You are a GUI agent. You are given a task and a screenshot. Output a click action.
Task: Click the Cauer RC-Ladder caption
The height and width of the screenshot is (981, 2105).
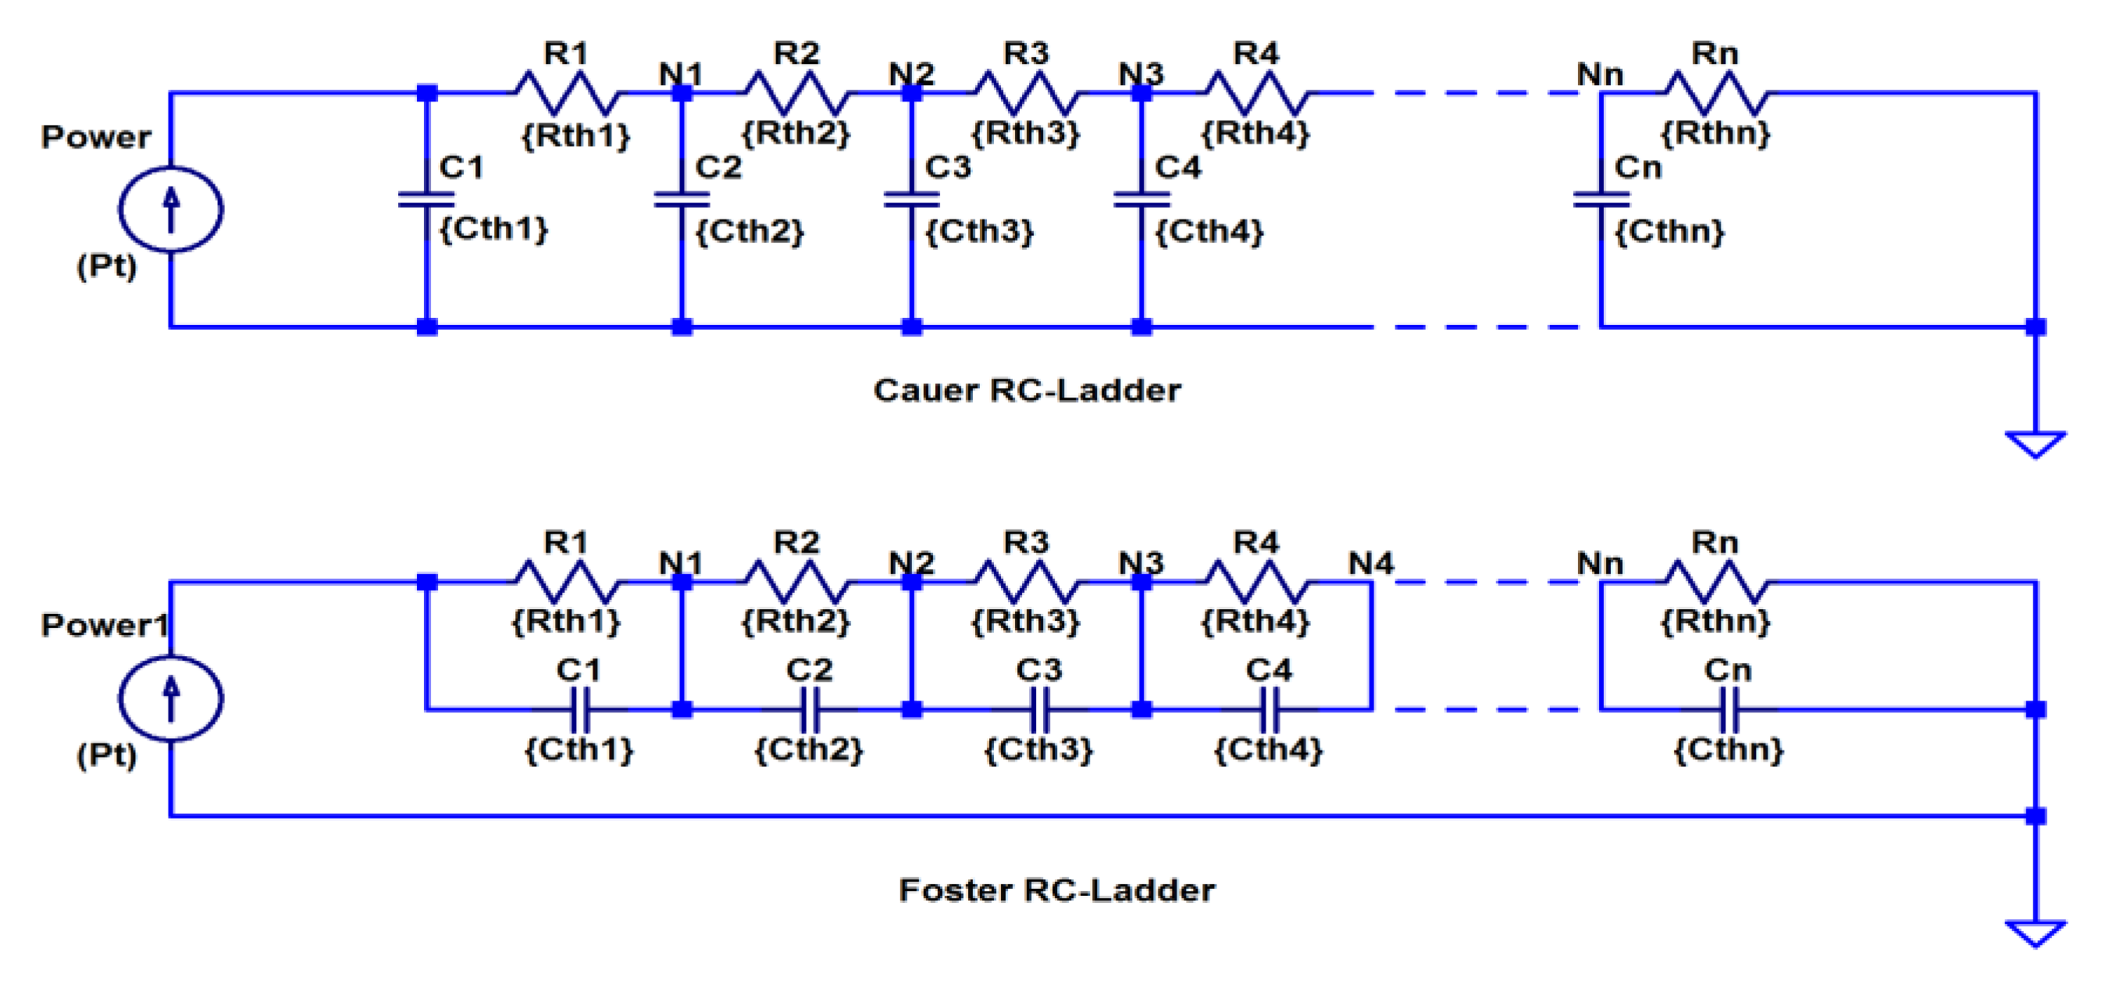click(1027, 390)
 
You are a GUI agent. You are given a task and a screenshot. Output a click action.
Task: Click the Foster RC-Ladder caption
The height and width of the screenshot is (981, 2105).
click(1056, 890)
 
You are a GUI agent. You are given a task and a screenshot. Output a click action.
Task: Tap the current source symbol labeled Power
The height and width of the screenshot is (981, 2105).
click(171, 209)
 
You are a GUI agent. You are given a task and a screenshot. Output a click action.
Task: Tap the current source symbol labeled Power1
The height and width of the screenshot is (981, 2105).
click(171, 698)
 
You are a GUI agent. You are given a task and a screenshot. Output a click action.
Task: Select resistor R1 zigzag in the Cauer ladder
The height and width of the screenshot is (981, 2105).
click(566, 93)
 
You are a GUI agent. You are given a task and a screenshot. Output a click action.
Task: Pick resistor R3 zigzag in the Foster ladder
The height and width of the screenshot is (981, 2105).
click(1027, 582)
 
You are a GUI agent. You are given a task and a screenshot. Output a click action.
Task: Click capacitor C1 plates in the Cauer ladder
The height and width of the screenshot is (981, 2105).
click(426, 199)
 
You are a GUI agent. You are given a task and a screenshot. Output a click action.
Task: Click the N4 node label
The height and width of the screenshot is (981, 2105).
click(1370, 562)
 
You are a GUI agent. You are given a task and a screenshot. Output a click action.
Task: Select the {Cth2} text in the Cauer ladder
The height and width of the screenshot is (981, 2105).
click(750, 231)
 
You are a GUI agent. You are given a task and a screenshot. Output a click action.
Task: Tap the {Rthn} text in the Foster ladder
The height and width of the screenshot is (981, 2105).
click(1715, 621)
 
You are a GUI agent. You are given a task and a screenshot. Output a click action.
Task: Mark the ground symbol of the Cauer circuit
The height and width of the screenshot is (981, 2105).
click(2035, 444)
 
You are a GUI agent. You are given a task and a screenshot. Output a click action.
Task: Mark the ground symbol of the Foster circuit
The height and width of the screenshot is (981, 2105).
click(2035, 933)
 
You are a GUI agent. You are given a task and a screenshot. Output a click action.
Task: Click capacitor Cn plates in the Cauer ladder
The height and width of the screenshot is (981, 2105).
click(1601, 199)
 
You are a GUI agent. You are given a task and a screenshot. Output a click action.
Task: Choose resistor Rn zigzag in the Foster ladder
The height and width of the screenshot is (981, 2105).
click(1716, 582)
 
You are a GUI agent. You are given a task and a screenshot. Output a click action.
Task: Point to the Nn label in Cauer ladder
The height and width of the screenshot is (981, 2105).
click(1599, 74)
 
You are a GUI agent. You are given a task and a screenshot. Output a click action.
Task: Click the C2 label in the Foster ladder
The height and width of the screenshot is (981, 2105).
click(808, 669)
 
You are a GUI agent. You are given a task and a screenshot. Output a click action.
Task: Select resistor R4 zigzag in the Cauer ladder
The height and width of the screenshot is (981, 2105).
click(1257, 93)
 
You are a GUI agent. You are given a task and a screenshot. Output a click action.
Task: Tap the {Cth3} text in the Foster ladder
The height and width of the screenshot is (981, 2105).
click(1038, 749)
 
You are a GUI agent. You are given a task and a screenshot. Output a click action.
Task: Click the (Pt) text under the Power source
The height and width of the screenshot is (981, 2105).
click(106, 266)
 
